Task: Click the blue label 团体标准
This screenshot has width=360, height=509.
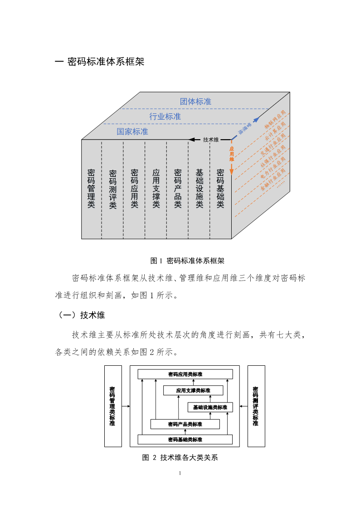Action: [x=195, y=102]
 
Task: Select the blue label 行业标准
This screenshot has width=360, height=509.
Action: [x=165, y=116]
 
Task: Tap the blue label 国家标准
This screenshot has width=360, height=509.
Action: [x=132, y=131]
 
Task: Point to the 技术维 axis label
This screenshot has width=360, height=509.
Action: [x=211, y=140]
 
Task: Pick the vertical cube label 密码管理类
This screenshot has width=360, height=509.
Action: [x=91, y=188]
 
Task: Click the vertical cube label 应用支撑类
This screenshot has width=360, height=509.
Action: [x=156, y=188]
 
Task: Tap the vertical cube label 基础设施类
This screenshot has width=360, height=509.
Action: [x=199, y=188]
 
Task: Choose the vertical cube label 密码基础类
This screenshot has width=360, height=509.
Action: [x=220, y=188]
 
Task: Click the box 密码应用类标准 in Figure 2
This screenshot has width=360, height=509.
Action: [x=185, y=374]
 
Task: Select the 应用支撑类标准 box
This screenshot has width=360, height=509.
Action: [x=193, y=390]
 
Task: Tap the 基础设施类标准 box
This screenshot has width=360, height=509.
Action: [x=210, y=407]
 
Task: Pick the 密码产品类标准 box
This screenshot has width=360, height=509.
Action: [x=185, y=424]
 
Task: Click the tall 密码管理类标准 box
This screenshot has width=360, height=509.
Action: [x=112, y=406]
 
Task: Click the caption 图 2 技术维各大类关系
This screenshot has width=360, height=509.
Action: [x=180, y=457]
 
